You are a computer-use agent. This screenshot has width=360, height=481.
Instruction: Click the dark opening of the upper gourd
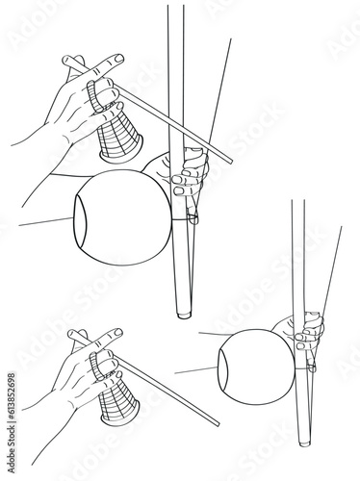[81, 218]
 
